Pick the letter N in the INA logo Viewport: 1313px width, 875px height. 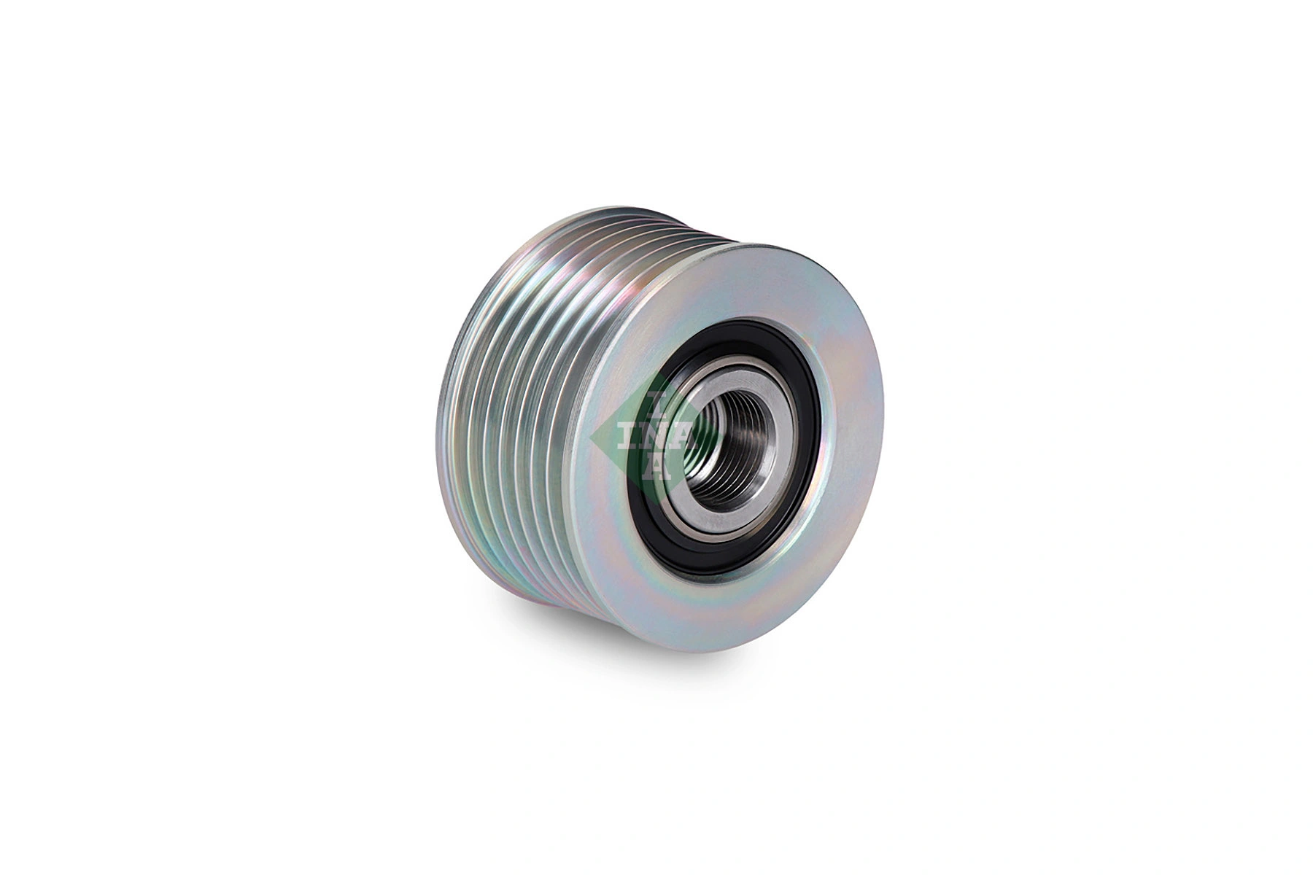click(654, 437)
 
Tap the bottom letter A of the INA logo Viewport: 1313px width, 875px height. click(655, 470)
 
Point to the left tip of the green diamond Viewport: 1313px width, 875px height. click(591, 437)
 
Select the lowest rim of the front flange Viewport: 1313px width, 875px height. click(700, 649)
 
